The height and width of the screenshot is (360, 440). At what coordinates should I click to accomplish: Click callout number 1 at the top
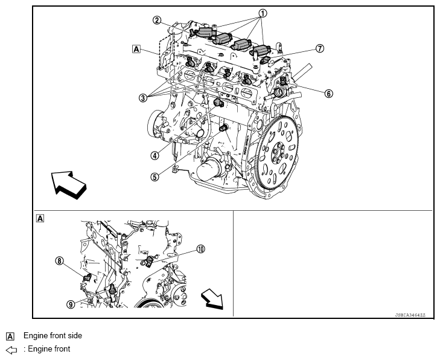(263, 12)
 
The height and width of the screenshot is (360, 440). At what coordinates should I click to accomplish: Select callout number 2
(156, 20)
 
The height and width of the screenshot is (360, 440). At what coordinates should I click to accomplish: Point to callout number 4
(155, 155)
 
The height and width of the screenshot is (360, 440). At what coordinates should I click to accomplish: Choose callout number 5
(155, 176)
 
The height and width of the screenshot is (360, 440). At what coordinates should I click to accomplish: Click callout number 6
(328, 94)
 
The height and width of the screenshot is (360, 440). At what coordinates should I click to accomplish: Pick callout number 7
(320, 48)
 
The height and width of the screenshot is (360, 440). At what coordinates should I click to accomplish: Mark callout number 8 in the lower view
(59, 261)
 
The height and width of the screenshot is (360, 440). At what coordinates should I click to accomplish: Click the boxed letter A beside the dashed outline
(136, 49)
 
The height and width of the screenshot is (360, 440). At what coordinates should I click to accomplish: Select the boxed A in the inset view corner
(40, 218)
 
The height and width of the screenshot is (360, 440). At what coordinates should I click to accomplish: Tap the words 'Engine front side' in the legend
(53, 335)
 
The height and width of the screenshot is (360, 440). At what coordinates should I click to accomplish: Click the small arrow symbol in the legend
(11, 349)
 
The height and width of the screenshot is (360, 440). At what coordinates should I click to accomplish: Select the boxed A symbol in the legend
(10, 336)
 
